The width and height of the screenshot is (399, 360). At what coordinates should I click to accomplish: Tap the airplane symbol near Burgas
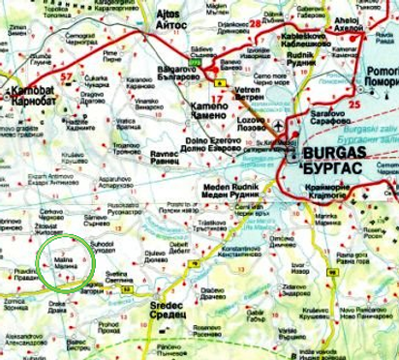point(280,129)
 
